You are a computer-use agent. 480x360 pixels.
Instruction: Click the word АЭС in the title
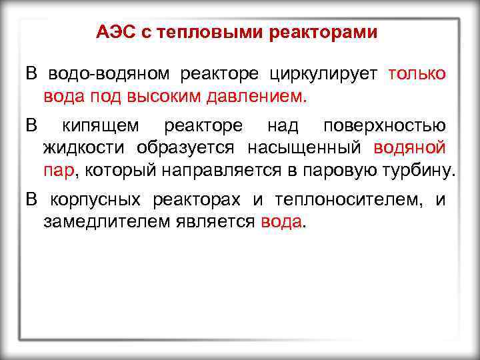[116, 32]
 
